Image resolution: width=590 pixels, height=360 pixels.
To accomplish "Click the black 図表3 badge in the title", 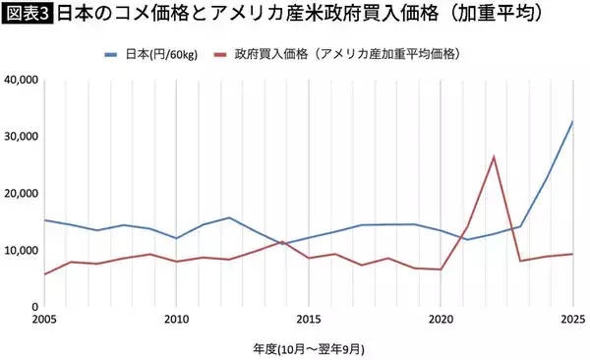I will (27, 15).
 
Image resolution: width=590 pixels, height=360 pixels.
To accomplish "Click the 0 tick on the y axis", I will (33, 307).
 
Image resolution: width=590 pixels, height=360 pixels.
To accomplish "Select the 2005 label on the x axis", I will (44, 320).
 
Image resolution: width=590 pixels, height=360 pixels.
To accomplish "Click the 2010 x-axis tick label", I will (177, 320).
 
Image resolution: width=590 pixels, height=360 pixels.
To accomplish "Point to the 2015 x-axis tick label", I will (309, 320).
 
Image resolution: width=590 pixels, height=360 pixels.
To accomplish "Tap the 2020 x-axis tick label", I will (442, 320).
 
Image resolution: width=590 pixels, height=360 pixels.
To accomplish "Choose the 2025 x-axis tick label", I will (573, 320).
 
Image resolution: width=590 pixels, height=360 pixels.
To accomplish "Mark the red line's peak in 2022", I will (494, 156).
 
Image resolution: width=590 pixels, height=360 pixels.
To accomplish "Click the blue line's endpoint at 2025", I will (573, 121).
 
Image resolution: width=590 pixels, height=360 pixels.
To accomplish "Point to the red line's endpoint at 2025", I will (573, 254).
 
